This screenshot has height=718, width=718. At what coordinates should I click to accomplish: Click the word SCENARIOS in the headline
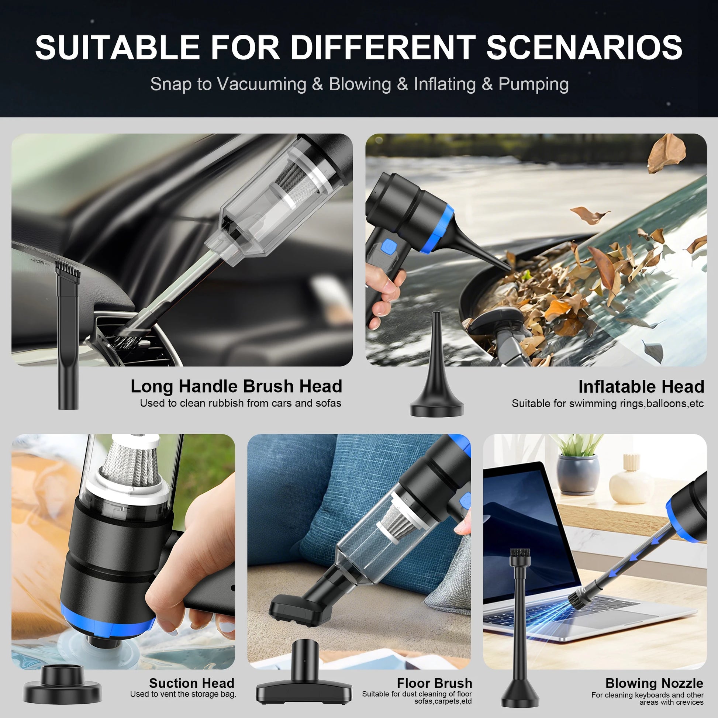pyautogui.click(x=584, y=47)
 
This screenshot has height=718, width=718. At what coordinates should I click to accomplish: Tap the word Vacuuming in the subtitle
pyautogui.click(x=262, y=84)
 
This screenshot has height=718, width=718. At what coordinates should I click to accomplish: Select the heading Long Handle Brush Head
pyautogui.click(x=237, y=386)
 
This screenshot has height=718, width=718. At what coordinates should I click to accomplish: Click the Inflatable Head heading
pyautogui.click(x=641, y=387)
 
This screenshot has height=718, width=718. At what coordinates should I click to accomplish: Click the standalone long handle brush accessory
pyautogui.click(x=68, y=335)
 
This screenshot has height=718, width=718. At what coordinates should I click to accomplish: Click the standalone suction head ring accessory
pyautogui.click(x=62, y=684)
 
